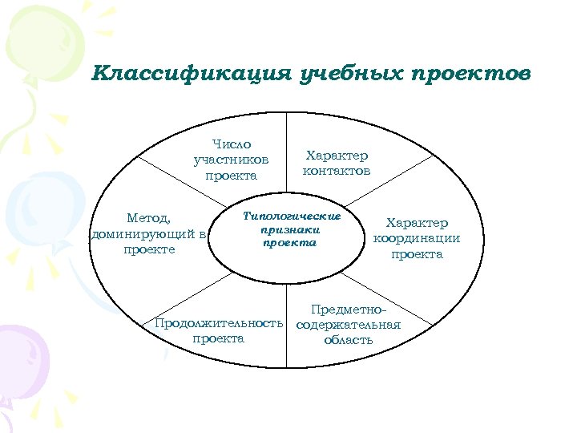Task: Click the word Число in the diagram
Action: (x=232, y=144)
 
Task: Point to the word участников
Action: (x=231, y=160)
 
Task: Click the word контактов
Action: (x=337, y=171)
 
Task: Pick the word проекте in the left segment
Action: (x=149, y=249)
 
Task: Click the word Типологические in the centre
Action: (x=292, y=216)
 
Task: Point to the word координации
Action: (x=417, y=238)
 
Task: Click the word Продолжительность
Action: (x=219, y=323)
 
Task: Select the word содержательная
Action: (x=348, y=325)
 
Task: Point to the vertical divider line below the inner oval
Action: (x=287, y=313)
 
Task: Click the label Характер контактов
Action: (x=337, y=164)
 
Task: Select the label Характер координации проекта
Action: (x=417, y=238)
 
